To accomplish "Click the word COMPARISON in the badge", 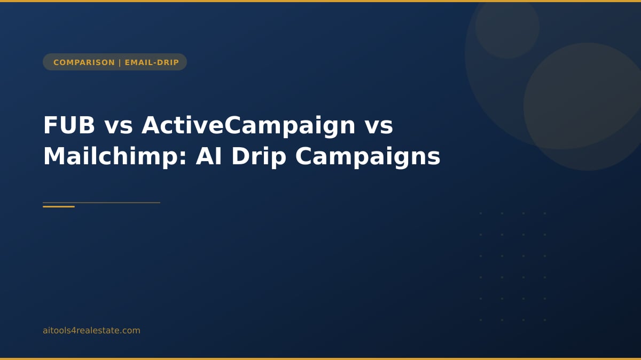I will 84,62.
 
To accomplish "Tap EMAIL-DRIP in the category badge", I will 152,62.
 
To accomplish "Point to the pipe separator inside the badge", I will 120,62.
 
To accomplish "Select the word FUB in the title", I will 69,125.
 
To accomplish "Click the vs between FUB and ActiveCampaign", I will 118,125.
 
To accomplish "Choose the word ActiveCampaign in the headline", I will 248,125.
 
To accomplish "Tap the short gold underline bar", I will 59,206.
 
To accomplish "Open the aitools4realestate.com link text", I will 91,331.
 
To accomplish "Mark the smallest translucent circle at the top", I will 507,27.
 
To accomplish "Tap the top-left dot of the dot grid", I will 481,213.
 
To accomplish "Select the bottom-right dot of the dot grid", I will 545,320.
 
